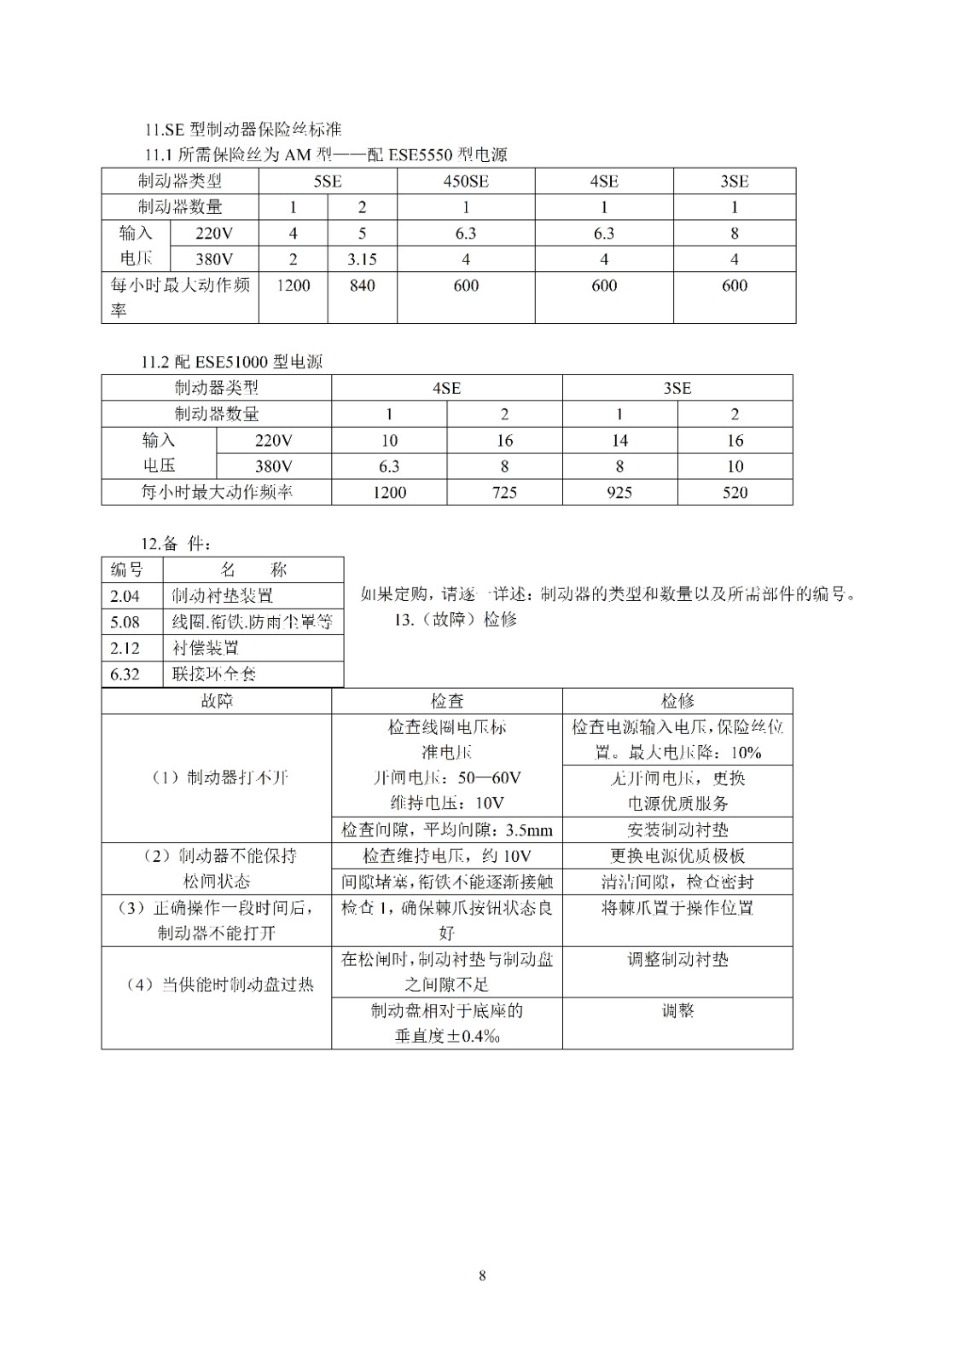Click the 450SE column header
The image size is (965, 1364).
pyautogui.click(x=466, y=181)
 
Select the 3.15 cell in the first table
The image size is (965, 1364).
pyautogui.click(x=362, y=259)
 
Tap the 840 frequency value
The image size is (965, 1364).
pyautogui.click(x=362, y=286)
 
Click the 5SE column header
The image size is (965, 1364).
pyautogui.click(x=328, y=181)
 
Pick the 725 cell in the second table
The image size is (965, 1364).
pyautogui.click(x=504, y=492)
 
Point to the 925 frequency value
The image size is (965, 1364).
pyautogui.click(x=619, y=492)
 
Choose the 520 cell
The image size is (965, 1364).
pyautogui.click(x=735, y=492)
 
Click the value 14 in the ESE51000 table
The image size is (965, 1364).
pyautogui.click(x=619, y=440)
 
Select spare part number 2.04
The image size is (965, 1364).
pyautogui.click(x=125, y=596)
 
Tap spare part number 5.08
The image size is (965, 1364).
pyautogui.click(x=125, y=621)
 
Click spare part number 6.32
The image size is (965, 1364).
pyautogui.click(x=125, y=674)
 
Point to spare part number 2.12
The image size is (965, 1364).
pyautogui.click(x=125, y=648)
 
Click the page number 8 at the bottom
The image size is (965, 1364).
pyautogui.click(x=482, y=1275)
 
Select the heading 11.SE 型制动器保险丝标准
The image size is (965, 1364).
pyautogui.click(x=242, y=130)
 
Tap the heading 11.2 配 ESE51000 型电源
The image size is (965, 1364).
pyautogui.click(x=232, y=361)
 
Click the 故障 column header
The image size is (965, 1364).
pyautogui.click(x=216, y=701)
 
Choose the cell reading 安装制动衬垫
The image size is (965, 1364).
pyautogui.click(x=677, y=829)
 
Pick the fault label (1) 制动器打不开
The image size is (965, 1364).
pyautogui.click(x=216, y=777)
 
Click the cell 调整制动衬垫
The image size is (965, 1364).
pyautogui.click(x=677, y=959)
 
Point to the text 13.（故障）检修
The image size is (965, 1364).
pyautogui.click(x=455, y=620)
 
